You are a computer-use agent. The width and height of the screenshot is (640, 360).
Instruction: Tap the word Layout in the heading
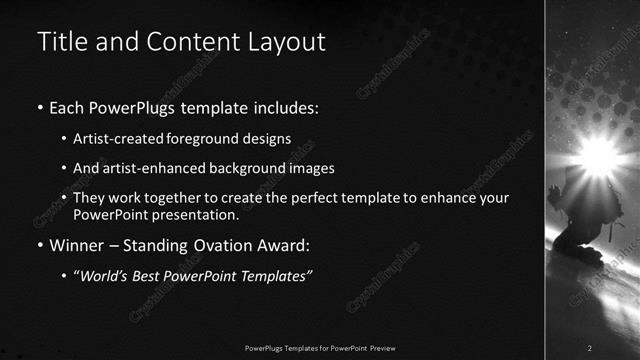(288, 42)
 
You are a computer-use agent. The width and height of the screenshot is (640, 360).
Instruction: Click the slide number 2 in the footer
(590, 347)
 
